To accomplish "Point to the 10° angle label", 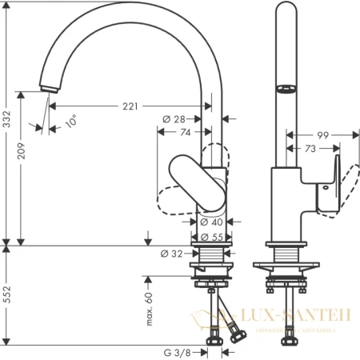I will coord(70,122).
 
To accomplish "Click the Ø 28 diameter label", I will coord(174,119).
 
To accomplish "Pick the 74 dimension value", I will coord(183,133).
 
